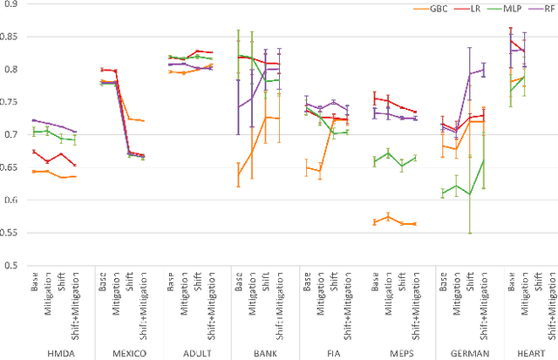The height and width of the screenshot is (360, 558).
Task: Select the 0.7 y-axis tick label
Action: [x=16, y=134]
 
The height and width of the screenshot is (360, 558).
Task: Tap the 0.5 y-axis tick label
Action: [x=16, y=265]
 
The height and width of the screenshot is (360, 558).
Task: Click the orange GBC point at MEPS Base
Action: [x=375, y=222]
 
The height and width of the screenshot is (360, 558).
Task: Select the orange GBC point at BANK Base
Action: [x=238, y=174]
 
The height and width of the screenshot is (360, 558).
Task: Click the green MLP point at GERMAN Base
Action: [x=443, y=193]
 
